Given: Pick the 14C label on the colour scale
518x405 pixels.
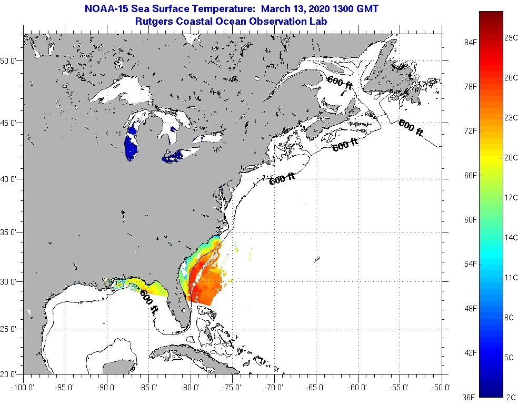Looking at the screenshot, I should pos(510,237).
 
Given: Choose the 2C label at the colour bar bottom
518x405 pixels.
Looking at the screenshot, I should pos(510,397).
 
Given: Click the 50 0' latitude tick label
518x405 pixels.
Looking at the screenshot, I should pos(9,60).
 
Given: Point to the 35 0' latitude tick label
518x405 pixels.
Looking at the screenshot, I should pos(9,232).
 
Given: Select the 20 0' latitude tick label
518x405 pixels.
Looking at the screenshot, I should pos(9,374).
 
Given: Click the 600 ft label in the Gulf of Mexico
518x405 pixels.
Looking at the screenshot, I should pos(149,302).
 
